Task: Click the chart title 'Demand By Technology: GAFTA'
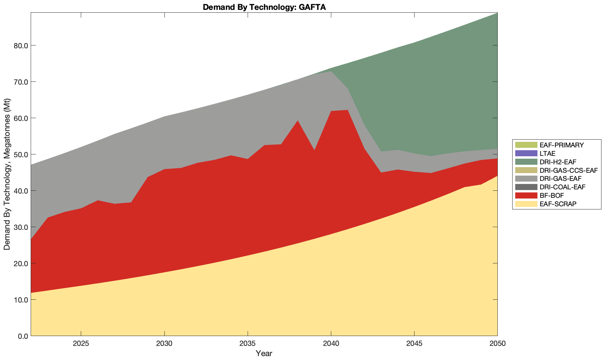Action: (x=264, y=7)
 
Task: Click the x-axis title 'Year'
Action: (x=264, y=353)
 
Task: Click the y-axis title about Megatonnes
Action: (x=7, y=174)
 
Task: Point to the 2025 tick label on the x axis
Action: (x=81, y=344)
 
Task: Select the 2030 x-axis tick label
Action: (x=164, y=344)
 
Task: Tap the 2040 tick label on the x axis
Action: (x=331, y=344)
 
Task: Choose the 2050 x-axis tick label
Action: (x=497, y=344)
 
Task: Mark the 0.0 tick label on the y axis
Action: (x=22, y=336)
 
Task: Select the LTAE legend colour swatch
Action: (x=526, y=153)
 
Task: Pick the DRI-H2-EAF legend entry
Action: (x=558, y=162)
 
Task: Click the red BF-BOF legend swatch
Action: (x=526, y=195)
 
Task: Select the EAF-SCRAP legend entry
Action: (x=558, y=204)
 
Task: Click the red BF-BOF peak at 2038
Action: (x=298, y=123)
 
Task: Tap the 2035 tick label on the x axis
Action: (x=248, y=344)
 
